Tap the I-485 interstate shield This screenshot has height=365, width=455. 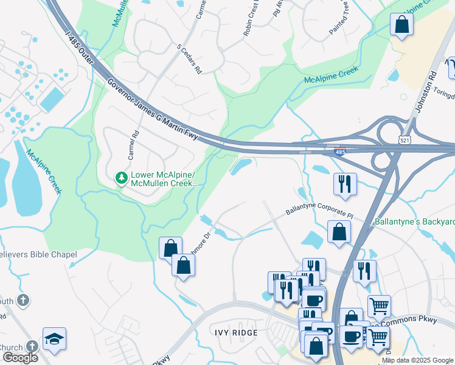pyautogui.click(x=341, y=151)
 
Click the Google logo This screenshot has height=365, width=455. pyautogui.click(x=20, y=358)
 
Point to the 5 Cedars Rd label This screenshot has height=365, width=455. pyautogui.click(x=189, y=59)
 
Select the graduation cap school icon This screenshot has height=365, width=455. pyautogui.click(x=54, y=339)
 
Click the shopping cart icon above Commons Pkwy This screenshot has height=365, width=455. pyautogui.click(x=379, y=306)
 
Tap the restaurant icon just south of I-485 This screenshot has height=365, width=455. pyautogui.click(x=345, y=184)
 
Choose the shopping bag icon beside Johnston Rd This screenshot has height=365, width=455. pyautogui.click(x=401, y=25)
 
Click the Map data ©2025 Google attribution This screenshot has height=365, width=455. pyautogui.click(x=417, y=360)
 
